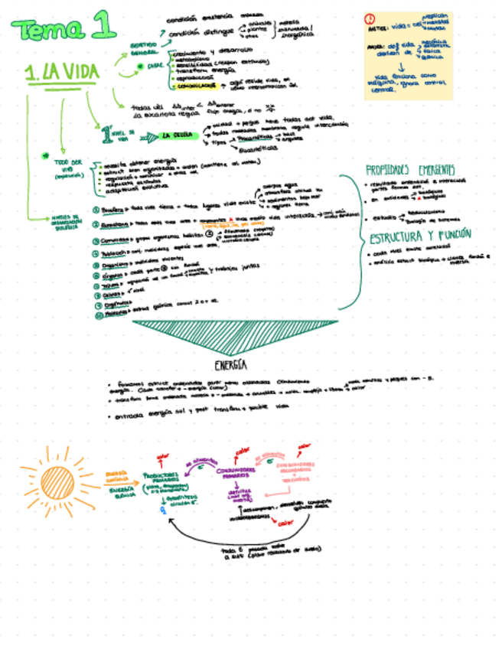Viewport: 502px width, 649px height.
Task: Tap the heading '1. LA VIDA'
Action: pyautogui.click(x=61, y=73)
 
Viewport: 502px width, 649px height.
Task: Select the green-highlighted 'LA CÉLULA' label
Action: pyautogui.click(x=176, y=136)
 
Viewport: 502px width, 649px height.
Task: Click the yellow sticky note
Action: pyautogui.click(x=407, y=55)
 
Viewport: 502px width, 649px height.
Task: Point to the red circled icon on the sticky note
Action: pyautogui.click(x=370, y=19)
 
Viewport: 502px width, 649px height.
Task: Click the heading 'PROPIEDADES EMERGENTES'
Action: pyautogui.click(x=409, y=169)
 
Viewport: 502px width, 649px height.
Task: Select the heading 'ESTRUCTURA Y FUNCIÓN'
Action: pyautogui.click(x=420, y=235)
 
